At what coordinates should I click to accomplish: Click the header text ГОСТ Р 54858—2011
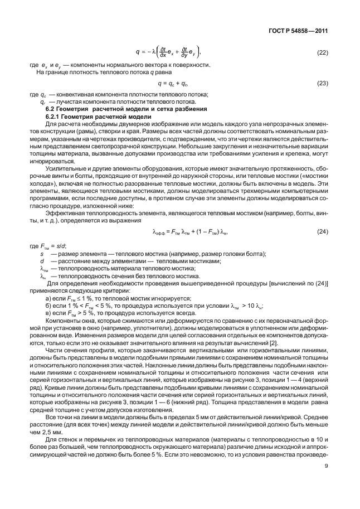[x=301, y=31]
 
